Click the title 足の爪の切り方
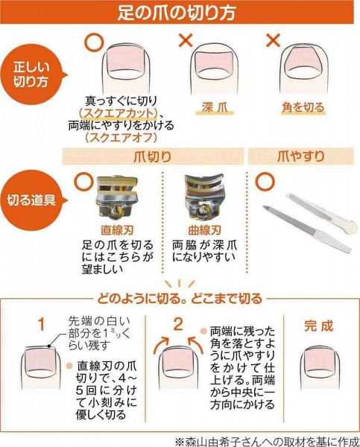[x=177, y=13]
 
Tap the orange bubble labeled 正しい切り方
[x=33, y=75]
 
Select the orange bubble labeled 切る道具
[x=33, y=200]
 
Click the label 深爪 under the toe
[x=215, y=107]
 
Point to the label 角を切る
[x=303, y=107]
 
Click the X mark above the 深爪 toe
[x=186, y=40]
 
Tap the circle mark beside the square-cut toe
[x=93, y=42]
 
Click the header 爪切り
[x=153, y=156]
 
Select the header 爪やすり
[x=301, y=156]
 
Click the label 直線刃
[x=117, y=230]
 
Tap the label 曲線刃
[x=204, y=230]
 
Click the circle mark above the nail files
[x=265, y=182]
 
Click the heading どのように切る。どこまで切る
[x=180, y=299]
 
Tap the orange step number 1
[x=42, y=324]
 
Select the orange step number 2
[x=178, y=324]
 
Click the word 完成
[x=318, y=326]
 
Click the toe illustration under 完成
[x=320, y=368]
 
